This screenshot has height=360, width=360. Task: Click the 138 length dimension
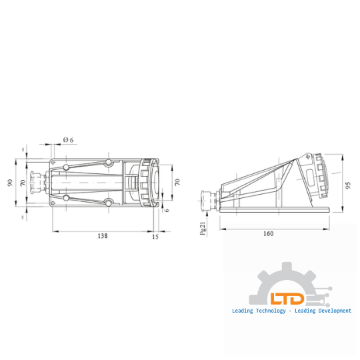[102, 236]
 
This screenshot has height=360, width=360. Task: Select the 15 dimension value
[155, 236]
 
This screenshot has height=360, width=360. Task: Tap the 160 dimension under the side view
[268, 234]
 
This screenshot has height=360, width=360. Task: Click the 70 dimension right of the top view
[177, 181]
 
